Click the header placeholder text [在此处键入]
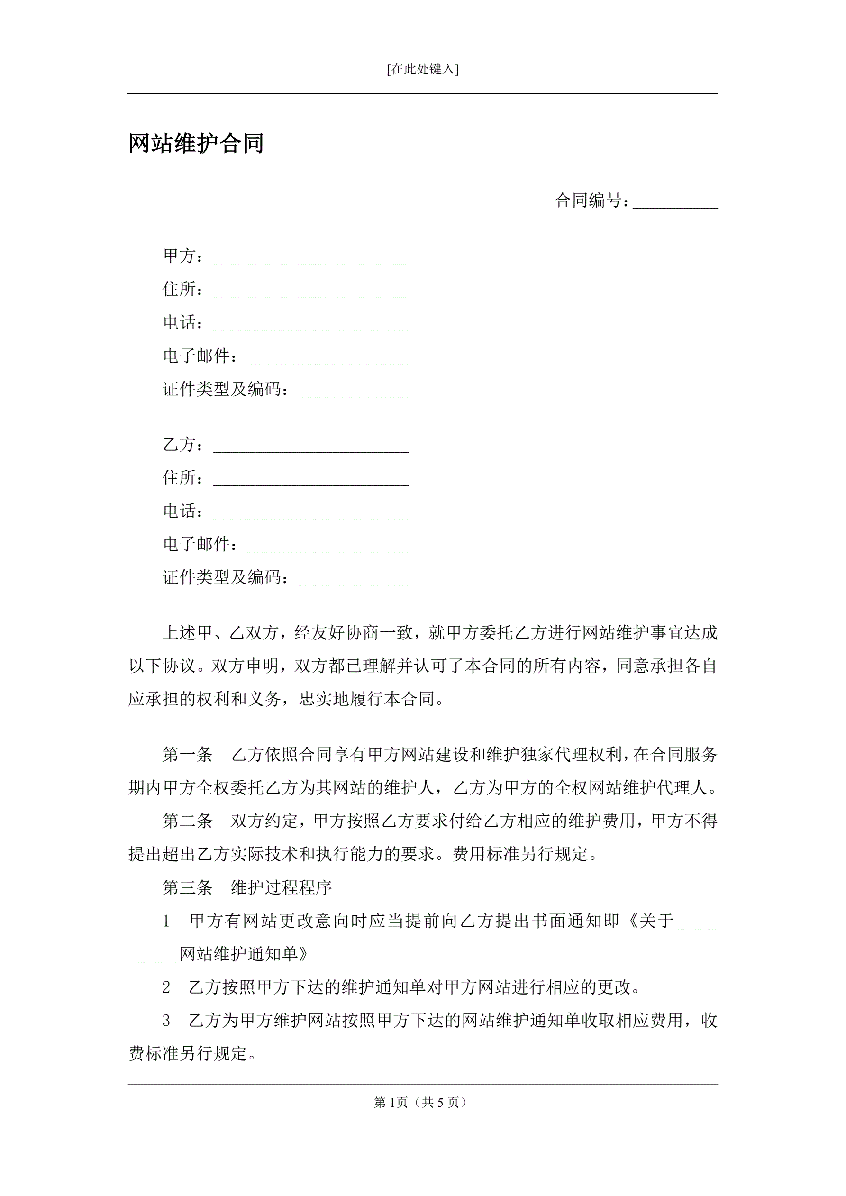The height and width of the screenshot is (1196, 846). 422,69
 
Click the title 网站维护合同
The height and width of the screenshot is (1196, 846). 196,143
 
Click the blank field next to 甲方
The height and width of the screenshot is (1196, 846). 311,258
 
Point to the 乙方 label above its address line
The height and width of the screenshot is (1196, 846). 180,445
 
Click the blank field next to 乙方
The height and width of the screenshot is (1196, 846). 311,447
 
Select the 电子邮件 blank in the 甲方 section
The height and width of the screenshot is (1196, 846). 327,358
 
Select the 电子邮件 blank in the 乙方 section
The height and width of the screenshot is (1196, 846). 327,547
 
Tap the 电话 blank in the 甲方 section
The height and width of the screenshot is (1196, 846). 311,325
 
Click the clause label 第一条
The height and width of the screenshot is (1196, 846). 188,755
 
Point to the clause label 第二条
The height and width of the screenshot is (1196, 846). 188,822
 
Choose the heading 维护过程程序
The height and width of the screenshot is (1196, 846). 282,887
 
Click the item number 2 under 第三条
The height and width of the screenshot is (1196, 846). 166,987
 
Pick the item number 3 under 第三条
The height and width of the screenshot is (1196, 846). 166,1021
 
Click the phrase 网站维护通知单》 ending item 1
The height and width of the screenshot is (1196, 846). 244,954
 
